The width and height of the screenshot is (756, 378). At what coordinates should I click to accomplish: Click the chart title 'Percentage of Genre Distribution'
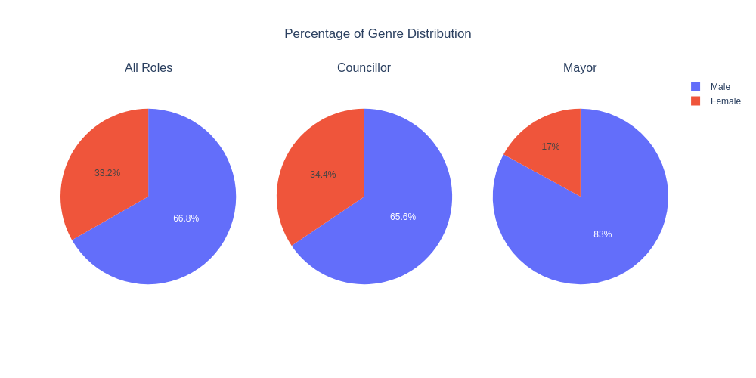click(377, 34)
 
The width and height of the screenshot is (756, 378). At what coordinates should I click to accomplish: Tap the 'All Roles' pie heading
click(148, 68)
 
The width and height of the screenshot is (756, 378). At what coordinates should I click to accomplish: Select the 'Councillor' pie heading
click(364, 68)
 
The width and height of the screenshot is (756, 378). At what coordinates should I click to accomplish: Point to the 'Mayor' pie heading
click(580, 68)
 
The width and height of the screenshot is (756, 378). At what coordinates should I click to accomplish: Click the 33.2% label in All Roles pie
click(107, 173)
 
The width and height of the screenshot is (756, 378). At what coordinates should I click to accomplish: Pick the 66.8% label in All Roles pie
click(186, 218)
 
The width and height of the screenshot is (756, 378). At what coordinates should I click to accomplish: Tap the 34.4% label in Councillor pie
click(323, 175)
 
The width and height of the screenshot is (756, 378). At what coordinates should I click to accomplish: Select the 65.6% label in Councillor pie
click(403, 217)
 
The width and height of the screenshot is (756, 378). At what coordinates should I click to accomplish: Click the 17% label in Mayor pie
click(550, 147)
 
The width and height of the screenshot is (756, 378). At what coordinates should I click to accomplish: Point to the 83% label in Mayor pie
click(603, 234)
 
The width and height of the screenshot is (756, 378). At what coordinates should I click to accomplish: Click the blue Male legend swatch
click(696, 87)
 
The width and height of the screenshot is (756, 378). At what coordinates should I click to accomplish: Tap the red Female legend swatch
click(696, 101)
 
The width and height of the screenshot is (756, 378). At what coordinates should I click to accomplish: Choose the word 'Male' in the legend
click(720, 87)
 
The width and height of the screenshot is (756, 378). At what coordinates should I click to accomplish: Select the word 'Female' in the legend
click(726, 101)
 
